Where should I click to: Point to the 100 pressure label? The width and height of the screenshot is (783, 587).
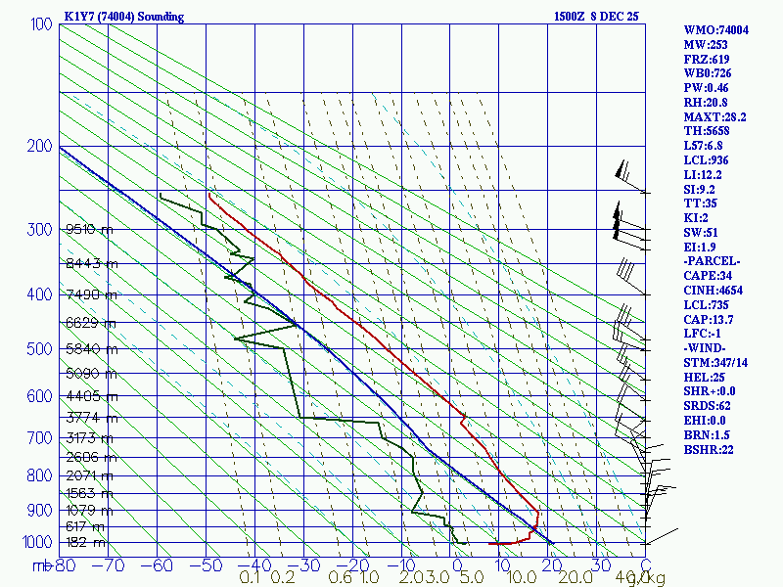41,23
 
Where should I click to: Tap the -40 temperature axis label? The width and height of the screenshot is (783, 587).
255,565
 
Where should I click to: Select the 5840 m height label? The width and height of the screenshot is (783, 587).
91,349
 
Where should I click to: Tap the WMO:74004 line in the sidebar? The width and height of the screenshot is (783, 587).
715,30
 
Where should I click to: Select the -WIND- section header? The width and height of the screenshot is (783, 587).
708,347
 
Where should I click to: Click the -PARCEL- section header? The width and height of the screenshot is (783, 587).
712,261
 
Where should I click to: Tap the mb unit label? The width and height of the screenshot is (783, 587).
42,565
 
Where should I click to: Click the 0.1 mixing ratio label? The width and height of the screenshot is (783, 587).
249,579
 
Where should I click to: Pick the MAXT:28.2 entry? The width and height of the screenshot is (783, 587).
715,116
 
